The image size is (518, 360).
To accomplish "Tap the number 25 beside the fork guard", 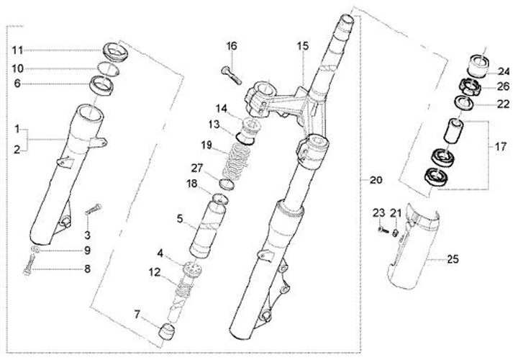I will coord(453,258).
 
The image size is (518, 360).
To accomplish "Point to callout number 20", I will coord(377,179).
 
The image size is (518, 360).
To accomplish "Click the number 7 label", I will coord(136,315).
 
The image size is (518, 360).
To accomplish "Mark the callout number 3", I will coord(87,235).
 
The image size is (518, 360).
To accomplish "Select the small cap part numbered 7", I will coord(168,333).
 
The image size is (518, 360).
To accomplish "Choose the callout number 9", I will coord(88,251).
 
